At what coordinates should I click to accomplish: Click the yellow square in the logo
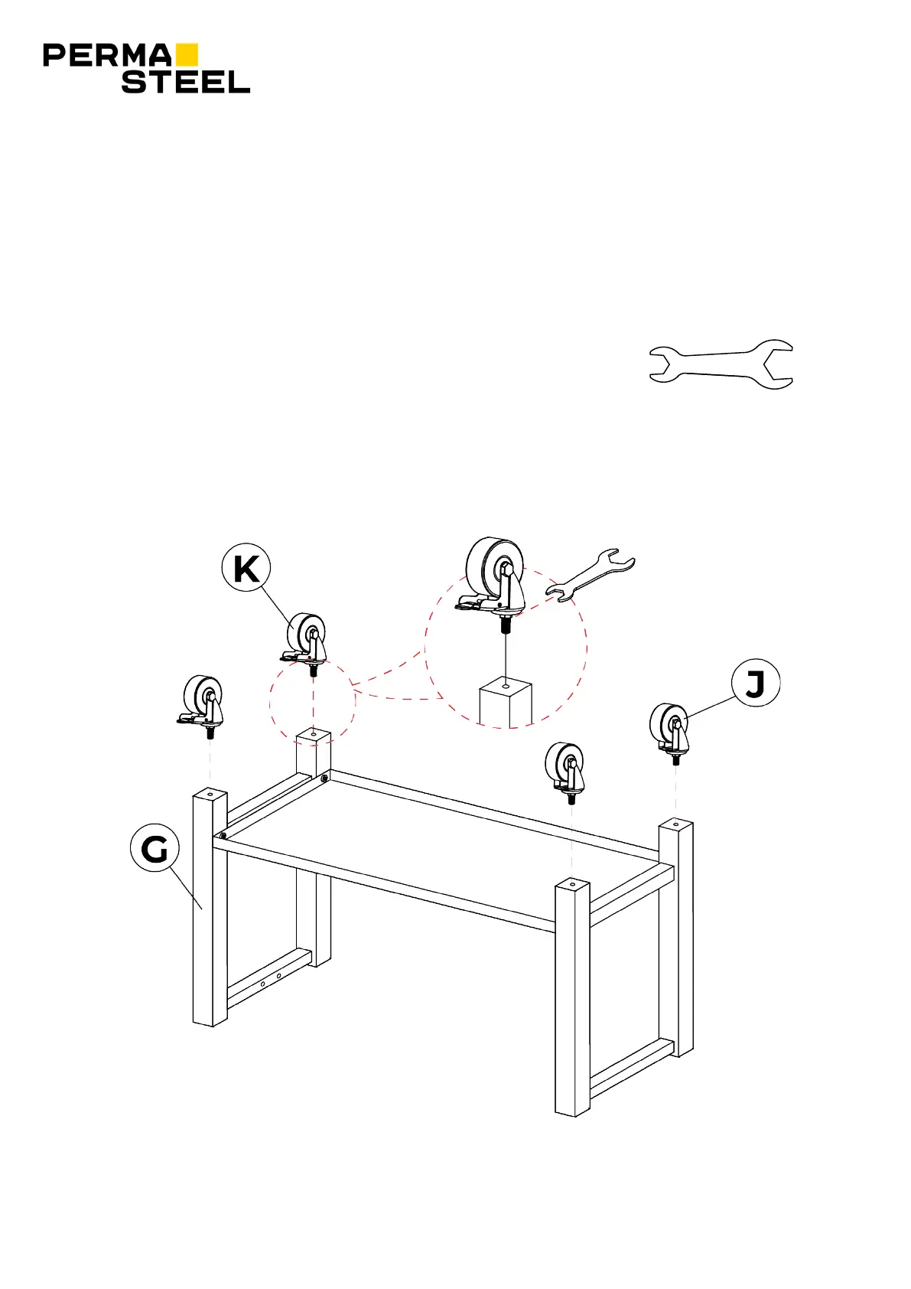point(187,54)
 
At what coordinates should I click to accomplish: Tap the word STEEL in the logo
point(186,82)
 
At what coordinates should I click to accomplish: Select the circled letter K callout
point(246,569)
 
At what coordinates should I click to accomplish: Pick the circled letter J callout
point(756,684)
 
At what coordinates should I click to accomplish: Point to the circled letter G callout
point(155,849)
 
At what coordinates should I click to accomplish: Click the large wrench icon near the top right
point(721,364)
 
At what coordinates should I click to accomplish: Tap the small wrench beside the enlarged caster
point(590,574)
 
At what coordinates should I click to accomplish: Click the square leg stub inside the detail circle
point(506,703)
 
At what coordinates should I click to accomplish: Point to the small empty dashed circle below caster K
point(312,700)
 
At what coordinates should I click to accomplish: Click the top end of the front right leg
point(573,886)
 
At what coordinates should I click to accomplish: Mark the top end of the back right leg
point(676,826)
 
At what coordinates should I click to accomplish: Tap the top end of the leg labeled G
point(210,795)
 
